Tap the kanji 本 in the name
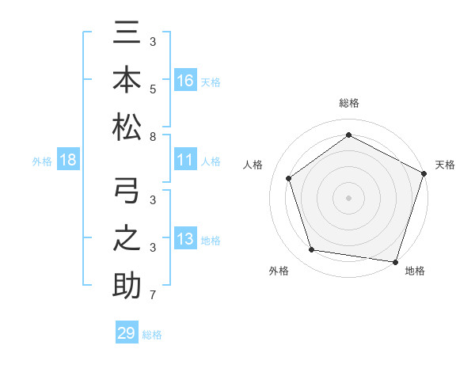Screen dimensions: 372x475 (127, 81)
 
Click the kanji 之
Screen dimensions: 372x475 (127, 239)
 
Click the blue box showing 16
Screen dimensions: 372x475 (185, 80)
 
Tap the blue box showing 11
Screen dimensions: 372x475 (185, 161)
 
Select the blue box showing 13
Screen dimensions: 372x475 (185, 239)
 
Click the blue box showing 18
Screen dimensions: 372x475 (68, 161)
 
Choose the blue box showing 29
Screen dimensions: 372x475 (127, 333)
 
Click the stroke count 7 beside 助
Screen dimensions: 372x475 (153, 296)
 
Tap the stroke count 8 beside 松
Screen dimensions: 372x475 (153, 137)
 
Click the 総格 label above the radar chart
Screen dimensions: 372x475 (349, 103)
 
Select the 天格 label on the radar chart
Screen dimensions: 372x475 (445, 165)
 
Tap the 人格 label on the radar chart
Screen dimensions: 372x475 (253, 165)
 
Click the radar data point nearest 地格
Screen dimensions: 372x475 (396, 261)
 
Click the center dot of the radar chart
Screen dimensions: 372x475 (349, 197)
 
